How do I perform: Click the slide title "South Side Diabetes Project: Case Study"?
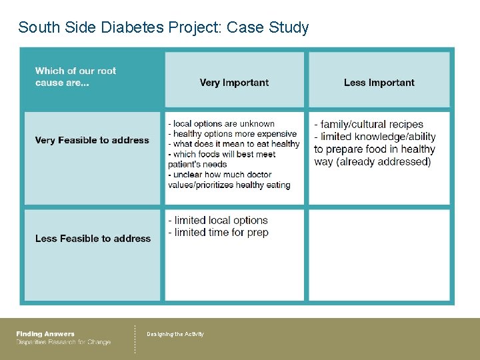click(163, 27)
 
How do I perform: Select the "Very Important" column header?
click(234, 83)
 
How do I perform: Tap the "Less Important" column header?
click(379, 83)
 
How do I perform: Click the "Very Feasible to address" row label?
click(92, 140)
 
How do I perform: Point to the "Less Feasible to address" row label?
click(93, 238)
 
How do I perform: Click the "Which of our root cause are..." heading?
click(75, 77)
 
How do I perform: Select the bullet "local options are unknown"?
click(223, 123)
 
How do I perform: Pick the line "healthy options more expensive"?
click(234, 134)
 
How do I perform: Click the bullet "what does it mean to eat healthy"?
click(236, 144)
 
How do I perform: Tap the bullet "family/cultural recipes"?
click(371, 124)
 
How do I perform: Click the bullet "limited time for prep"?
click(221, 232)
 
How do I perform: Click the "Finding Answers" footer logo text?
click(45, 334)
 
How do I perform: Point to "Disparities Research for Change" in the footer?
click(63, 342)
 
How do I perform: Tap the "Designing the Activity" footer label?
click(175, 334)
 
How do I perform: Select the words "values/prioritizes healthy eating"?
click(229, 185)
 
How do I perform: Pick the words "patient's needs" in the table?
click(197, 164)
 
